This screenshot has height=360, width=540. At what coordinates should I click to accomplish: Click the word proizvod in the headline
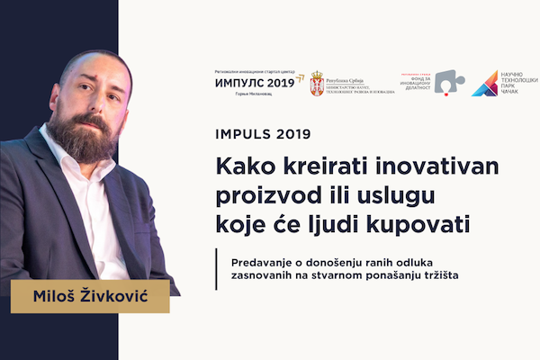tap(261, 193)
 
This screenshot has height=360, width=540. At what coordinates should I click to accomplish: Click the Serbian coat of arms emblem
tap(317, 83)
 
